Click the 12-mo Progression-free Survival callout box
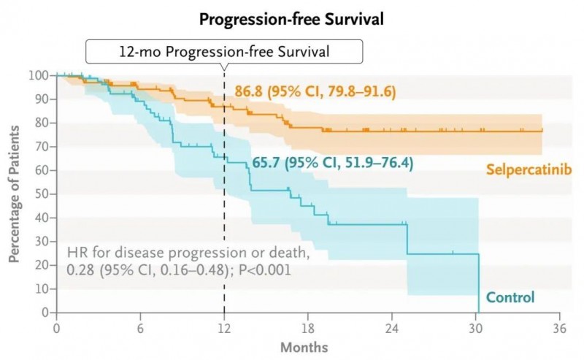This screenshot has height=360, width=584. pos(225,53)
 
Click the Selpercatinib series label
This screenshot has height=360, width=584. pos(528,169)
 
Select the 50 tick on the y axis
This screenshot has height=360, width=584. pos(41,194)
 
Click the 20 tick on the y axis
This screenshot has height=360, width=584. pos(41,265)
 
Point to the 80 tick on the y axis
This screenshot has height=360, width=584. pos(41,123)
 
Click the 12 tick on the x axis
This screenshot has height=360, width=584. pos(224,327)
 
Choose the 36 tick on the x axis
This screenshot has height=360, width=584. pos(560,327)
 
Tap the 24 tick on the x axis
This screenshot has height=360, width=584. pos(392,327)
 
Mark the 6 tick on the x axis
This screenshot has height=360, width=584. pos(140,327)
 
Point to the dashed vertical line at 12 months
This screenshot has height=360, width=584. pos(224,219)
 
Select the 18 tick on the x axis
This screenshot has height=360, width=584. pos(308,327)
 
